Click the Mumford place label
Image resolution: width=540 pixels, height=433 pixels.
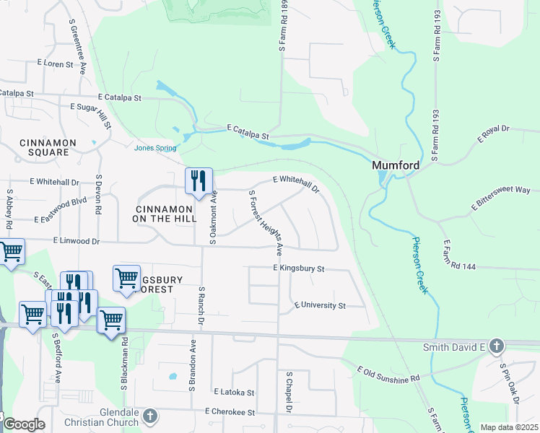click(396, 165)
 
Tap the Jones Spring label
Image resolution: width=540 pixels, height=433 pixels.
click(155, 149)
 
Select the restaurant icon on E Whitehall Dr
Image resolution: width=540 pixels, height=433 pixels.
click(199, 181)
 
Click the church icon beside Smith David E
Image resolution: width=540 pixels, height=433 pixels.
click(495, 347)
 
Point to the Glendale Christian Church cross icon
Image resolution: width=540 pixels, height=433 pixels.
click(149, 416)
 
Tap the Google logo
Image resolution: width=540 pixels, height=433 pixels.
click(24, 424)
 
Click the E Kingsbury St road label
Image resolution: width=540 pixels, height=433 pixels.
click(300, 268)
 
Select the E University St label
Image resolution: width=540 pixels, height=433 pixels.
click(320, 305)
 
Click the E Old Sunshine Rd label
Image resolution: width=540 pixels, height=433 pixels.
click(388, 374)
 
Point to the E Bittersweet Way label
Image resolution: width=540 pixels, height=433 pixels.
click(501, 199)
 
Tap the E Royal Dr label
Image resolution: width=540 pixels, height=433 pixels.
click(493, 133)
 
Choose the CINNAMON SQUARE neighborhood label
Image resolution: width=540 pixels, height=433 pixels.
click(43, 147)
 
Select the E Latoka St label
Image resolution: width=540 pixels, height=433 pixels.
click(234, 392)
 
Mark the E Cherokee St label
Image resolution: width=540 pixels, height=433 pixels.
click(230, 412)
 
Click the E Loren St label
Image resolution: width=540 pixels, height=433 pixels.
click(55, 64)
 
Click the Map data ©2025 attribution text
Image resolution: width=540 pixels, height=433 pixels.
click(509, 427)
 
